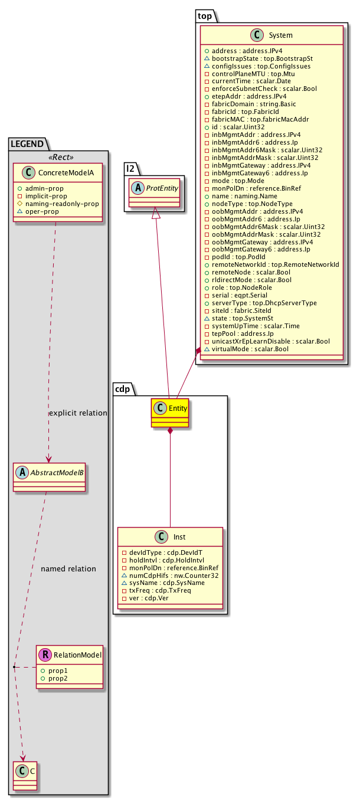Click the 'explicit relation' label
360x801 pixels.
(x=78, y=413)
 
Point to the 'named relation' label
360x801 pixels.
(x=68, y=569)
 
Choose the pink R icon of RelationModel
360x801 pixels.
(x=45, y=654)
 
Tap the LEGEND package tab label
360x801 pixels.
(x=27, y=143)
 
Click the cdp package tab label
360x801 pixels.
(x=122, y=389)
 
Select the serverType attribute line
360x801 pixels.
(x=260, y=303)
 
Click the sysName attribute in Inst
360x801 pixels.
(x=162, y=583)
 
